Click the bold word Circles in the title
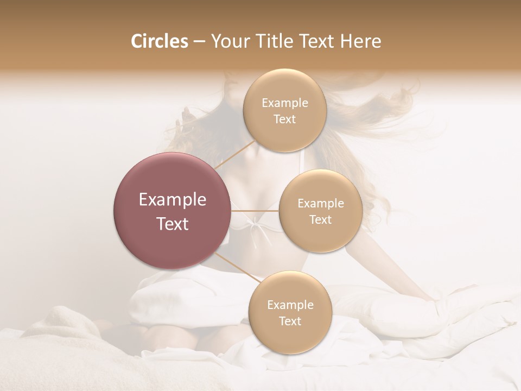coord(159,41)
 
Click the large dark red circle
coord(172,211)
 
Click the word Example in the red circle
coord(172,200)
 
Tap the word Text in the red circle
coord(172,224)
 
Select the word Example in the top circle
coord(284,103)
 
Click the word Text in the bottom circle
coord(290,321)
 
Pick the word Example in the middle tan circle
coord(320,204)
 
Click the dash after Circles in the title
coord(199,42)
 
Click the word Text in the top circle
coord(284,119)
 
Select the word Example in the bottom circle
coord(290,305)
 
